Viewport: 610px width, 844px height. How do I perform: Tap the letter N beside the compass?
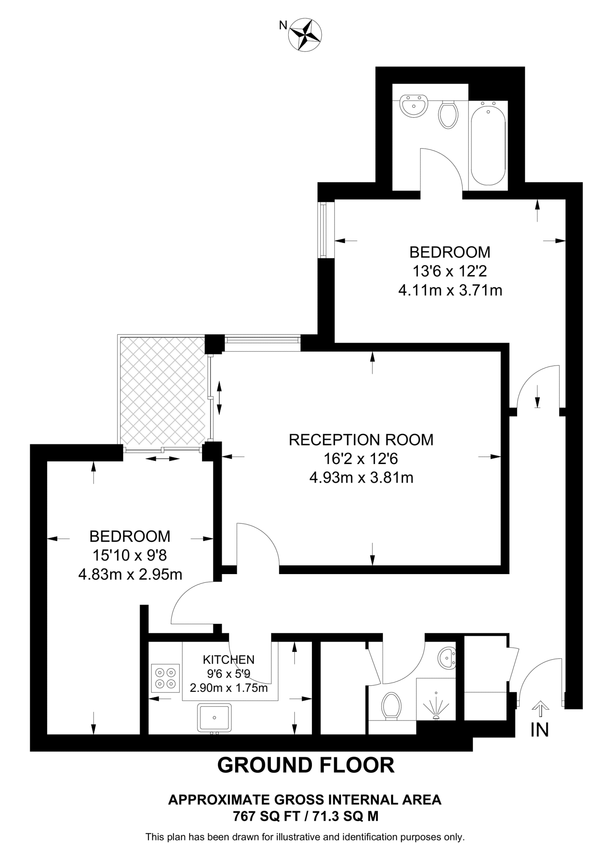point(283,26)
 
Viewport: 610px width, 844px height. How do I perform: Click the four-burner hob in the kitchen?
point(165,678)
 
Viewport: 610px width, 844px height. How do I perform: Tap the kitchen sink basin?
point(214,717)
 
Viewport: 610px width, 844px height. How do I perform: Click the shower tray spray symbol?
point(436,707)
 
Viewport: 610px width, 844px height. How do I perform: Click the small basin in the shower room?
point(447,658)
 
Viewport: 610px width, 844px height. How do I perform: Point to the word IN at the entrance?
point(539,730)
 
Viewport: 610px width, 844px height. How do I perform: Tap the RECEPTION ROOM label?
point(361,440)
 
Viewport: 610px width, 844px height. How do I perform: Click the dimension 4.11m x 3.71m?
point(450,291)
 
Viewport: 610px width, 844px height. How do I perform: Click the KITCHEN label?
point(228,659)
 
